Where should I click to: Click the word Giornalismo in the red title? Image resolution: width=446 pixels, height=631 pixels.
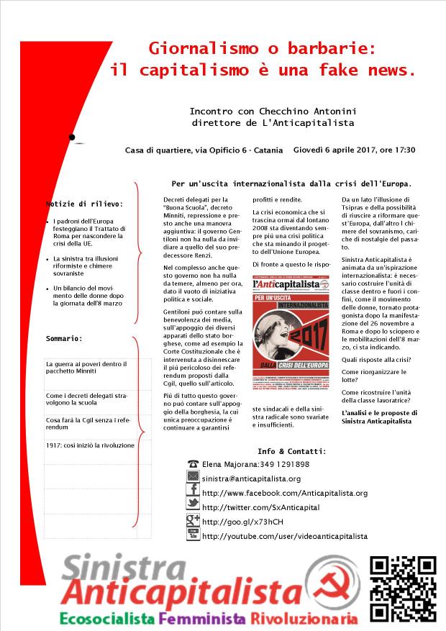point(194,48)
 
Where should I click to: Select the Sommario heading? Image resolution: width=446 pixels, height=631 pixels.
point(64,337)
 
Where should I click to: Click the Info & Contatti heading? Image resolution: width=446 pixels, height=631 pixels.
point(291,451)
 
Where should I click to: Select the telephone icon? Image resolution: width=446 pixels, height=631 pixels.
point(193,464)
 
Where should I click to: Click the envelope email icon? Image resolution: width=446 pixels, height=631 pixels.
point(193,478)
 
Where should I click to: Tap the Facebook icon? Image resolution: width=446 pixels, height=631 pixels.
point(193,492)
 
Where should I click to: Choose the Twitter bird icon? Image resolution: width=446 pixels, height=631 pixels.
point(193,507)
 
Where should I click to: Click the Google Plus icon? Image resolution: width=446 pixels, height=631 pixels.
point(193,521)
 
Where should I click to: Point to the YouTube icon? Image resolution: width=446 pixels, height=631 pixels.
point(193,535)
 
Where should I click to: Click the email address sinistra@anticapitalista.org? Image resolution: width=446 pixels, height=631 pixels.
point(251,478)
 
